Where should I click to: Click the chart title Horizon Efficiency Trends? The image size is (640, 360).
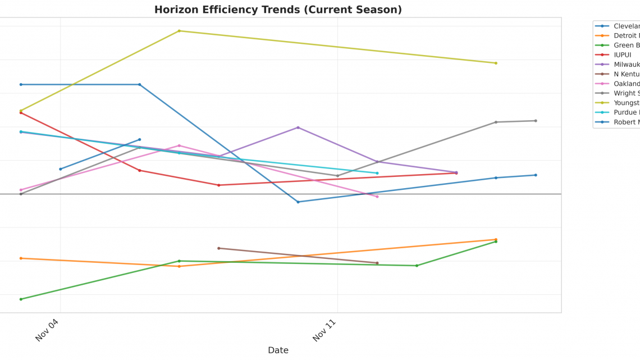pyautogui.click(x=278, y=10)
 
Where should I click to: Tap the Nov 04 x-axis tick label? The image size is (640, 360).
pyautogui.click(x=47, y=330)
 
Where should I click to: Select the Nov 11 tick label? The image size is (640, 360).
pyautogui.click(x=324, y=330)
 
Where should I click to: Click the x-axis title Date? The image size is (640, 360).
pyautogui.click(x=278, y=350)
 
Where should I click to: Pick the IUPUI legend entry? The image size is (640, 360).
pyautogui.click(x=622, y=54)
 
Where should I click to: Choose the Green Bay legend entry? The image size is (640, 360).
pyautogui.click(x=626, y=45)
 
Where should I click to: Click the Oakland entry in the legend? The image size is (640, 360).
pyautogui.click(x=626, y=84)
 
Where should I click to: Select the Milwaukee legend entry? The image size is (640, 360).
pyautogui.click(x=626, y=64)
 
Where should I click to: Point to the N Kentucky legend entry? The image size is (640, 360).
pyautogui.click(x=626, y=74)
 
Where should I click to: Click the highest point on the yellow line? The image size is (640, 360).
pyautogui.click(x=179, y=31)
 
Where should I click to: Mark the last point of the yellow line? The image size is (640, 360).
pyautogui.click(x=496, y=63)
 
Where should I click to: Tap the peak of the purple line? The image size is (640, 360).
pyautogui.click(x=298, y=127)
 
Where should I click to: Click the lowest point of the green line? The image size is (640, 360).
pyautogui.click(x=21, y=299)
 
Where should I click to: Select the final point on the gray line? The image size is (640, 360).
pyautogui.click(x=536, y=121)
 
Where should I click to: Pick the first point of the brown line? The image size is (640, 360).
pyautogui.click(x=219, y=248)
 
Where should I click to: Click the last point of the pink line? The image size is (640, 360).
pyautogui.click(x=377, y=197)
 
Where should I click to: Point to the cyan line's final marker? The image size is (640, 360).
pyautogui.click(x=377, y=173)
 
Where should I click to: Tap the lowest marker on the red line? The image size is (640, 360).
pyautogui.click(x=219, y=185)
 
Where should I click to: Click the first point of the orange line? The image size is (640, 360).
pyautogui.click(x=21, y=258)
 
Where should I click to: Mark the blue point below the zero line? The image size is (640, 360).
pyautogui.click(x=298, y=202)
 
